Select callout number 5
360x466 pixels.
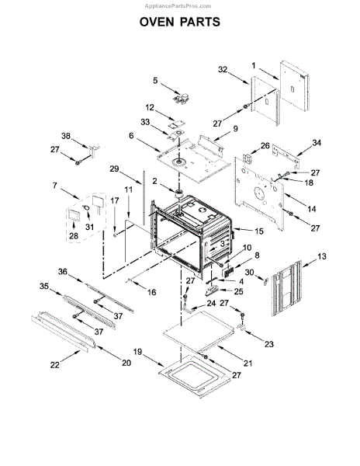[x=155, y=80]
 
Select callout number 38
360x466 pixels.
[x=65, y=136]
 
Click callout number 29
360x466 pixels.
[x=113, y=169]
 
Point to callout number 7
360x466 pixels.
[x=54, y=186]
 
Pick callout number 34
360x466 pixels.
[x=316, y=143]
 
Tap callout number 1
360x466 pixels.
[x=253, y=66]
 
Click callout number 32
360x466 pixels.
[x=223, y=70]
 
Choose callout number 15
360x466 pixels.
[x=258, y=231]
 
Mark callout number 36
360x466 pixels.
[x=64, y=272]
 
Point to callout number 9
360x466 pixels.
[x=235, y=127]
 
